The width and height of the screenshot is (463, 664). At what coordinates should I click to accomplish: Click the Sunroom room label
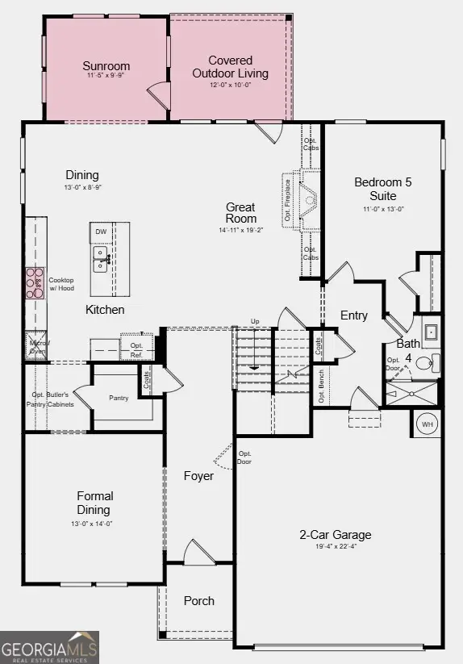(x=106, y=66)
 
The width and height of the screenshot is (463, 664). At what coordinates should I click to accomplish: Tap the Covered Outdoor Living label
(x=230, y=67)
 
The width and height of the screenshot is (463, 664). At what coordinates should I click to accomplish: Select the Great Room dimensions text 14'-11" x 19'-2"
(x=240, y=231)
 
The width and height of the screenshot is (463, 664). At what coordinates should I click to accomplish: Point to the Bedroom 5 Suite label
(x=382, y=189)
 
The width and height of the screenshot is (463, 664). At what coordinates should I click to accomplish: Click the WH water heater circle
(x=427, y=424)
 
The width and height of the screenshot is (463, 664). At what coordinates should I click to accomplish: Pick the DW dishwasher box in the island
(x=101, y=232)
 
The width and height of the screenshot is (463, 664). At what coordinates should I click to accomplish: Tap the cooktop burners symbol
(x=35, y=283)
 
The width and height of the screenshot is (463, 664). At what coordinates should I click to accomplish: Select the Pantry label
(x=119, y=398)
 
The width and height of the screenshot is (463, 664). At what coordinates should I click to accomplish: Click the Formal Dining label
(x=94, y=503)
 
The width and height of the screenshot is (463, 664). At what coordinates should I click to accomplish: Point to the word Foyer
(x=198, y=476)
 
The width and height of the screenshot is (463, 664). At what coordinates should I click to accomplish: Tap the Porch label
(x=198, y=600)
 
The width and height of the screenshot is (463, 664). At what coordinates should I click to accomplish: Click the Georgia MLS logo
(x=50, y=647)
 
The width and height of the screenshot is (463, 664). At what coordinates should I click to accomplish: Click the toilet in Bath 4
(x=433, y=361)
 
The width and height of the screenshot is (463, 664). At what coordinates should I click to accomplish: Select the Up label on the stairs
(x=255, y=321)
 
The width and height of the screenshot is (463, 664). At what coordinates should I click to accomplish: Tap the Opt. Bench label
(x=321, y=386)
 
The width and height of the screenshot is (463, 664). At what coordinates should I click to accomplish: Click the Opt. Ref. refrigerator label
(x=136, y=349)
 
